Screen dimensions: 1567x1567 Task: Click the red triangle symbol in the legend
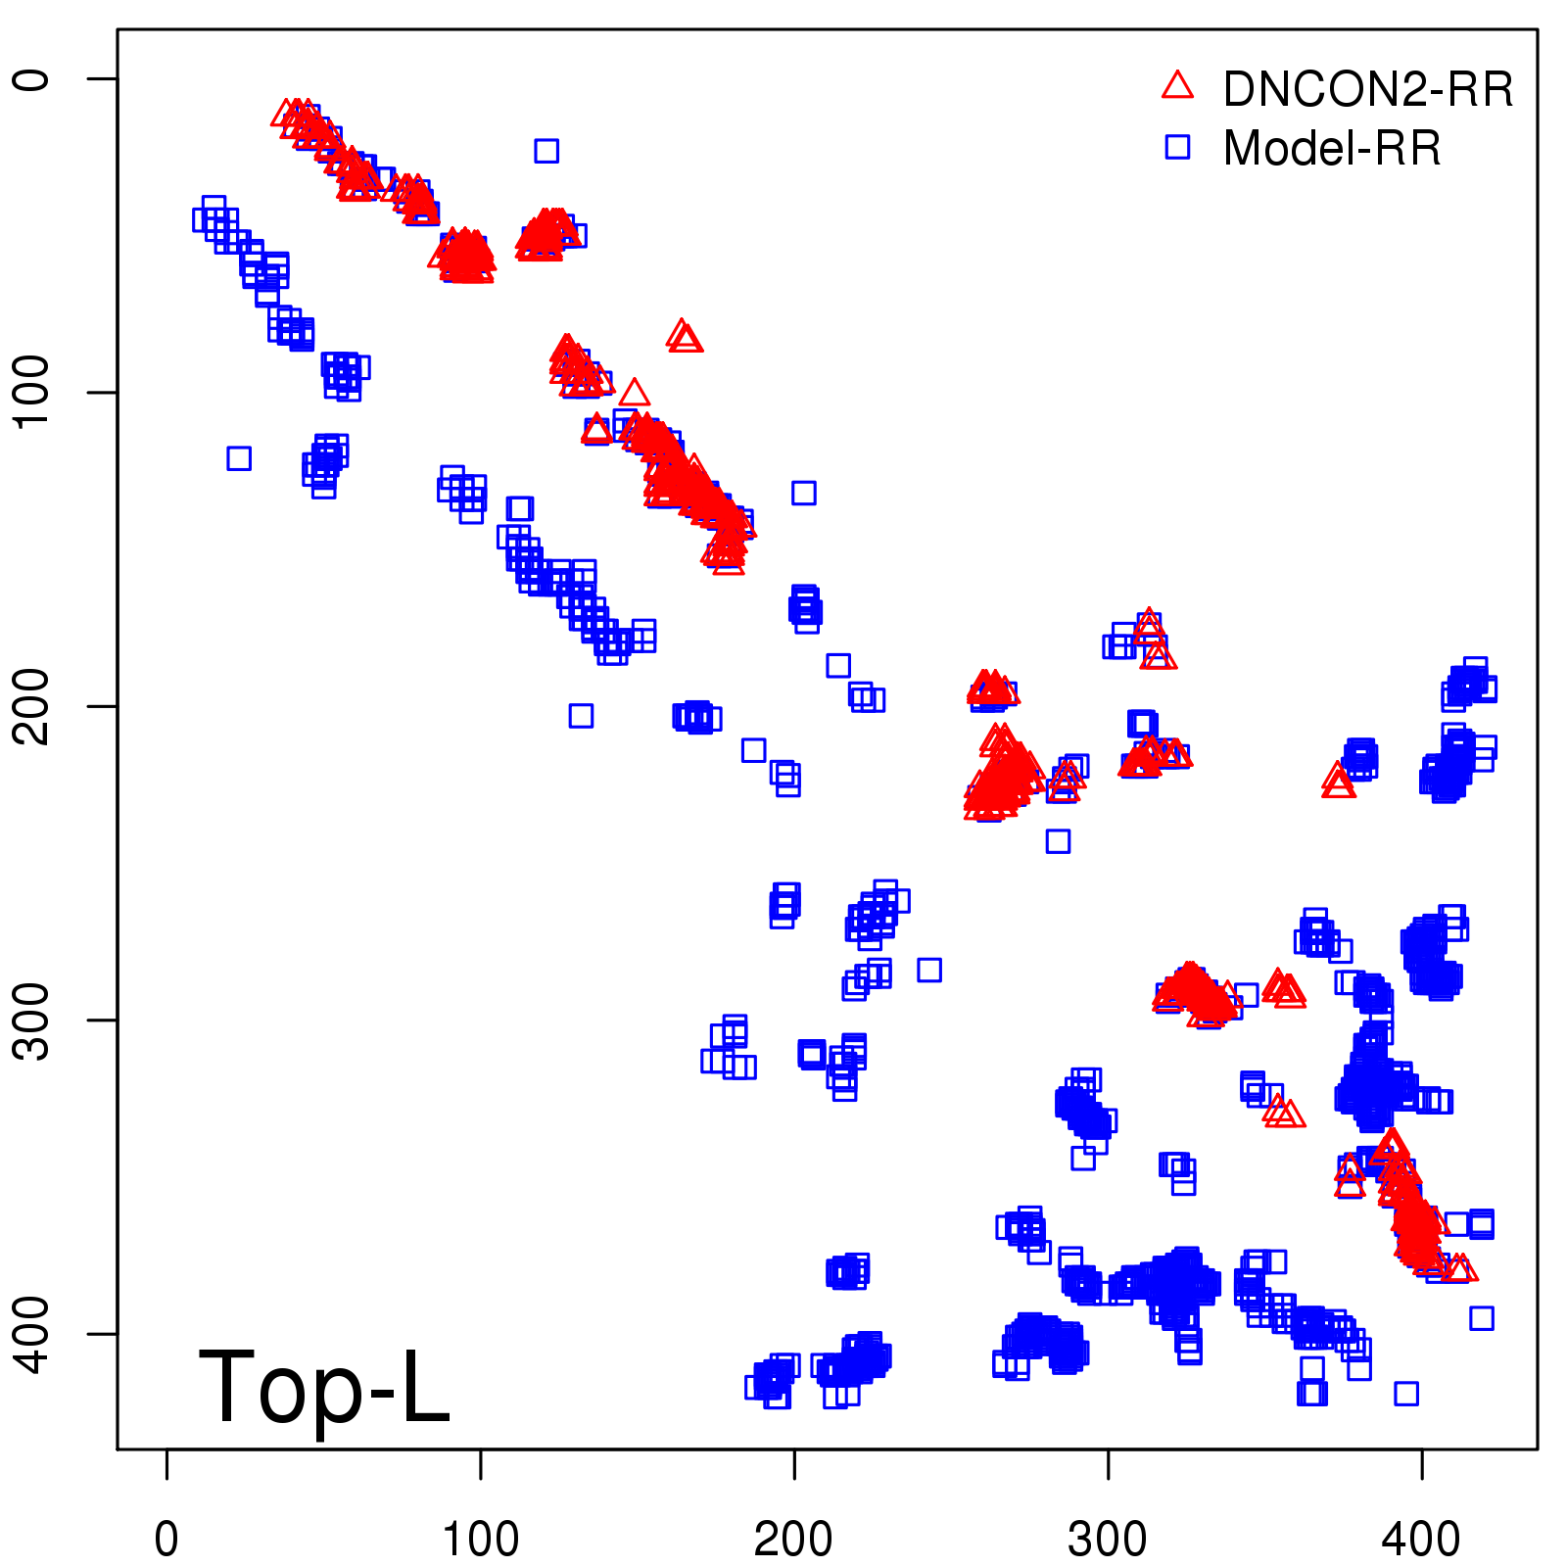click(x=1177, y=86)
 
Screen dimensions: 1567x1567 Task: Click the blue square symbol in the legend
click(x=1177, y=147)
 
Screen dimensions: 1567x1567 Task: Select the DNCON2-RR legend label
click(x=1367, y=89)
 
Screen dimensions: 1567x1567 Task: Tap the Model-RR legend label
click(x=1332, y=149)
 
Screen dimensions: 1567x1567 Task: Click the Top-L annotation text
click(x=324, y=1387)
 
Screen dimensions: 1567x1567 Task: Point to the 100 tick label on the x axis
click(x=480, y=1540)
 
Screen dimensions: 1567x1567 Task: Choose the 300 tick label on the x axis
click(x=1108, y=1540)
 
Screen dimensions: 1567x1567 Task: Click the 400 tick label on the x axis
click(x=1421, y=1540)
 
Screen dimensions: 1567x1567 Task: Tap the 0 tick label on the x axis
click(x=166, y=1540)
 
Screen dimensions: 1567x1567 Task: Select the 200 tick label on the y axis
click(x=33, y=706)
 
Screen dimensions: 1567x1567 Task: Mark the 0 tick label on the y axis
click(x=33, y=78)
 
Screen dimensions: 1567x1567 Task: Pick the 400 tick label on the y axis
click(x=33, y=1334)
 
